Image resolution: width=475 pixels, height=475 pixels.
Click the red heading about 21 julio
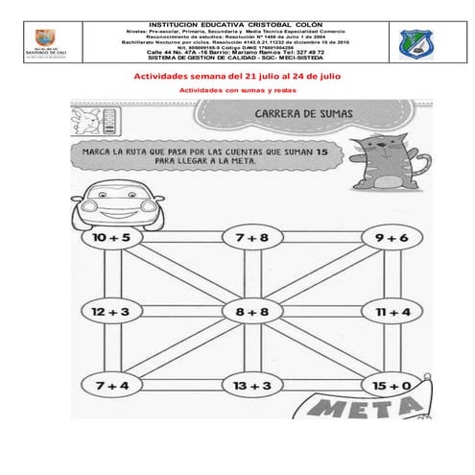tap(236, 75)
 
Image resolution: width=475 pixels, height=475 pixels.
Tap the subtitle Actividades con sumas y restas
tap(238, 90)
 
